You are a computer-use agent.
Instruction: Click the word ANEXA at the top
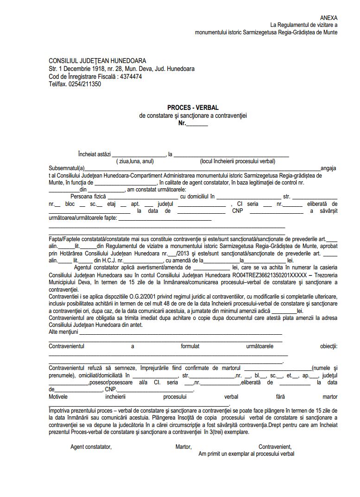[328, 18]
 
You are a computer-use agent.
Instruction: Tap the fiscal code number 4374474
[130, 76]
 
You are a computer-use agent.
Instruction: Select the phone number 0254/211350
[85, 84]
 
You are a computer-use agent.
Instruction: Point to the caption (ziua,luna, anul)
[135, 161]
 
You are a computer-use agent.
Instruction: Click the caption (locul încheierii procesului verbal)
[238, 161]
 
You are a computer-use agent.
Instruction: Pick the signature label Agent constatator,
[91, 447]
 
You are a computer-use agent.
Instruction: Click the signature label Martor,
[183, 447]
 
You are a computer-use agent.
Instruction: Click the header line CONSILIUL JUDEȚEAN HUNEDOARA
[97, 61]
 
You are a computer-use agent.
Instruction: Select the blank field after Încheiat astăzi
[139, 154]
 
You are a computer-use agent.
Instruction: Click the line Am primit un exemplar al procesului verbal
[246, 454]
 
